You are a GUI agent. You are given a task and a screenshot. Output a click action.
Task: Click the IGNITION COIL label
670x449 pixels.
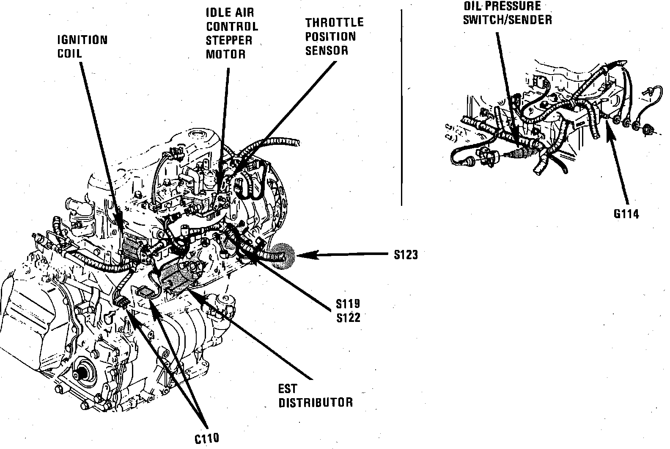(82, 47)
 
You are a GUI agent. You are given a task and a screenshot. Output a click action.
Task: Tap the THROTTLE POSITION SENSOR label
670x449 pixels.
(334, 36)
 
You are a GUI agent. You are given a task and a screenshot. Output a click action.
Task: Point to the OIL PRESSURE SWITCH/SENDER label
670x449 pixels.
(507, 13)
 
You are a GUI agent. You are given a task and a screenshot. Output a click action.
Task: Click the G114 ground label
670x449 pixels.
(626, 213)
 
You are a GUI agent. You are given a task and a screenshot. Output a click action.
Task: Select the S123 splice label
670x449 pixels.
(406, 255)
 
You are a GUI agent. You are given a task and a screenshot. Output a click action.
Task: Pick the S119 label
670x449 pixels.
(348, 304)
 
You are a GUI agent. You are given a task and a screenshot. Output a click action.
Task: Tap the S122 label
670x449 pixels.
(348, 317)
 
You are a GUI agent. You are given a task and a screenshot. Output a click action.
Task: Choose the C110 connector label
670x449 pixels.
(207, 438)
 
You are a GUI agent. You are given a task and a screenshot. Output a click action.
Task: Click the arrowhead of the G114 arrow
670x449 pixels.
(609, 127)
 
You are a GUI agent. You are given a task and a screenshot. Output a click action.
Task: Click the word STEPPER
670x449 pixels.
(229, 40)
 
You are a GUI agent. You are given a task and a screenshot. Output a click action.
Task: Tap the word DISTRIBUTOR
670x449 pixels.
(315, 402)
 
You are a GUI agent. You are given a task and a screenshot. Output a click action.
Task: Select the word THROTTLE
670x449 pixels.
(334, 22)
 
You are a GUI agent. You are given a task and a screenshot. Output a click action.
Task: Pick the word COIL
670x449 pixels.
(70, 54)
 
